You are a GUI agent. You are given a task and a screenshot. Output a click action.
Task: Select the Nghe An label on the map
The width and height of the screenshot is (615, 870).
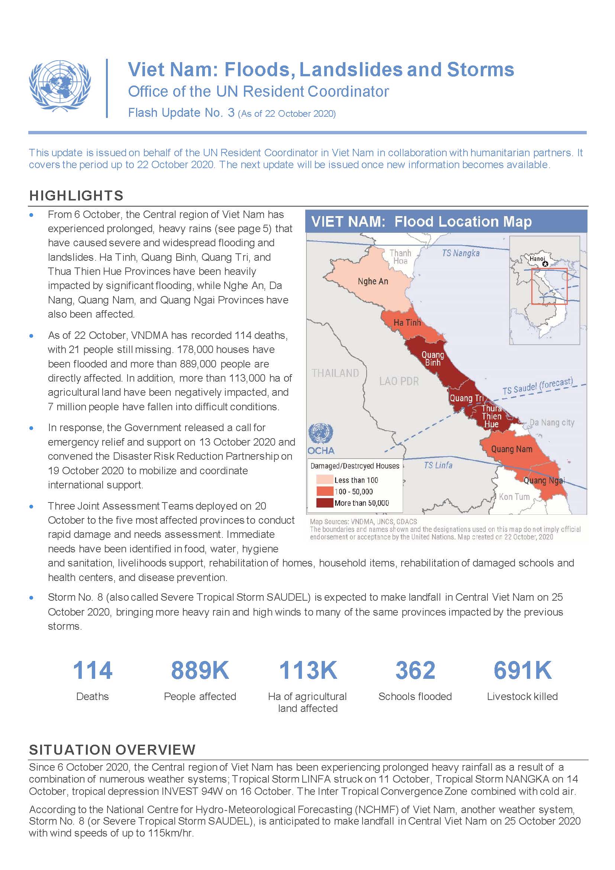373,282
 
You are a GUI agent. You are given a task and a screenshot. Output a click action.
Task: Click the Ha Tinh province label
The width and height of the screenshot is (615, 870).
407,322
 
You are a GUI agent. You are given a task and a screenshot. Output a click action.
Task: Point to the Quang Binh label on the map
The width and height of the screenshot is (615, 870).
432,359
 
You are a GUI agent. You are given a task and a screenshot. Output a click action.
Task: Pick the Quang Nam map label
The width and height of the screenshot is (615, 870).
511,449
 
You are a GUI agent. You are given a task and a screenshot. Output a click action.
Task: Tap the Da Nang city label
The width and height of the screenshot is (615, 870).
552,423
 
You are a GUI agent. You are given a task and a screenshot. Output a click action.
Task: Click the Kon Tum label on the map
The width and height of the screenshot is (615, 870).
514,497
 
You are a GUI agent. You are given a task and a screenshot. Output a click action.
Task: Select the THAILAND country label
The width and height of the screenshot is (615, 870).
335,373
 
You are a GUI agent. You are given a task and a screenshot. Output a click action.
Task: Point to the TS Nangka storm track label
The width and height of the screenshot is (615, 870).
460,253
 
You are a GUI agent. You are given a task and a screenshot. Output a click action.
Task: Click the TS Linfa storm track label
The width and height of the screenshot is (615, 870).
438,465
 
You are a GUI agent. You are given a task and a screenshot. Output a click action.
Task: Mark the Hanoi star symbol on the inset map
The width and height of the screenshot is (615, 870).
545,264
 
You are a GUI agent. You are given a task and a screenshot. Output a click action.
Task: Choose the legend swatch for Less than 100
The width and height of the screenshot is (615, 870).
325,480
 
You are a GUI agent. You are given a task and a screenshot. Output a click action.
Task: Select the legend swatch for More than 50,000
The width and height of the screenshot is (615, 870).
325,503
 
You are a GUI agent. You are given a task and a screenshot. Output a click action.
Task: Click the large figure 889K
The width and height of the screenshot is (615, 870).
200,670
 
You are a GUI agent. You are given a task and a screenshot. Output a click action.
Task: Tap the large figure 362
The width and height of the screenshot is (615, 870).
415,670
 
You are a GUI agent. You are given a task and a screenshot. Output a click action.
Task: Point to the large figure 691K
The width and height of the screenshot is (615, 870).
522,670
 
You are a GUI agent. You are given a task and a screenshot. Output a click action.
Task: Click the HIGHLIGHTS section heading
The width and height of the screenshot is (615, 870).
77,196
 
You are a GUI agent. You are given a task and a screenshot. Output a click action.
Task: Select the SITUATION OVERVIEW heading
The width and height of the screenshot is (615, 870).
112,750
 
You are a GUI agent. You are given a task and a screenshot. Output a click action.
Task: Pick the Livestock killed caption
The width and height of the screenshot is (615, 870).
522,696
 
